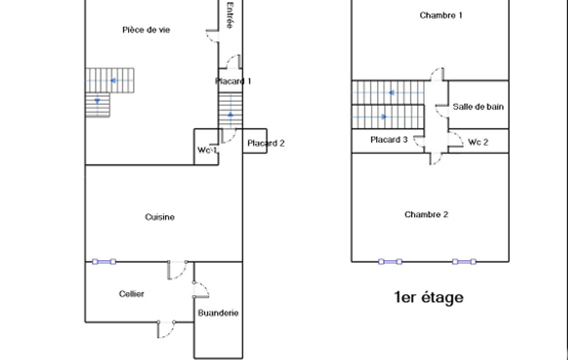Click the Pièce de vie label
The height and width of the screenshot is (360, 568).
pos(146,30)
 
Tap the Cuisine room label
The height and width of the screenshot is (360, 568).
pos(160,217)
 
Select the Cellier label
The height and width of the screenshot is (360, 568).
pos(131,294)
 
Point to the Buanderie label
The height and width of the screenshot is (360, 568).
pos(218,313)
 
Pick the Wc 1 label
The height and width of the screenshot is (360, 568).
pos(207,151)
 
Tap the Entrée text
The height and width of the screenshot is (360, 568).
pos(229,16)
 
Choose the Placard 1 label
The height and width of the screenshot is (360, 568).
pos(233,81)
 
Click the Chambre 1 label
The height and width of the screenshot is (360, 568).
pos(441,16)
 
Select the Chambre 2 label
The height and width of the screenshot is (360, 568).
pos(426,215)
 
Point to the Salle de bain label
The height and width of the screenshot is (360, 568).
pos(478,106)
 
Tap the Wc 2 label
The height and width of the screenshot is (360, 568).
pos(478,142)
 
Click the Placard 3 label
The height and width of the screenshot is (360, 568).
pos(388,140)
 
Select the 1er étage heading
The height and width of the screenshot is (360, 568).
pos(428,297)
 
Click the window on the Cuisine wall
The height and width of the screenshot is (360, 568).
pos(104,261)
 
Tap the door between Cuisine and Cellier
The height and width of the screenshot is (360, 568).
pos(178,269)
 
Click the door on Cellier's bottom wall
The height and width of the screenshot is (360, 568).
pos(166,328)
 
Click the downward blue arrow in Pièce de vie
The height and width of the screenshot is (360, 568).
pos(98,101)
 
